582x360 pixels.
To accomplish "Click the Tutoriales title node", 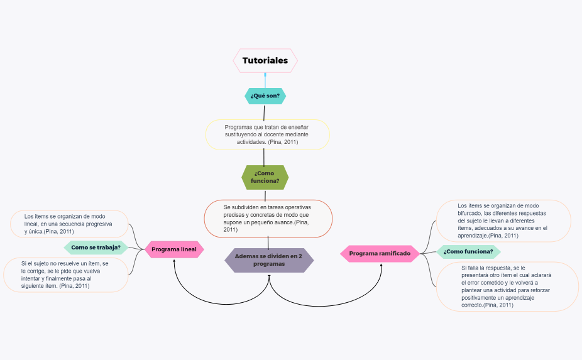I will click(265, 61).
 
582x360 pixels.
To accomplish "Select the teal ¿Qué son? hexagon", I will click(265, 95).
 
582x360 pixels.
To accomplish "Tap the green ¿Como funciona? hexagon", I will click(265, 177).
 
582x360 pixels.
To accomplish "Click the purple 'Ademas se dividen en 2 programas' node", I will click(269, 260).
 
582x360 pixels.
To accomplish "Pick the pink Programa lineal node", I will click(174, 249).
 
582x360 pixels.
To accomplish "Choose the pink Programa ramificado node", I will click(380, 253).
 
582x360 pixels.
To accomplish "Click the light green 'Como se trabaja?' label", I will click(96, 248).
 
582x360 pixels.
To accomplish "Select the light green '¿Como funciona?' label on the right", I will click(468, 252).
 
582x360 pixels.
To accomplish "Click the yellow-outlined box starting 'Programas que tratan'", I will click(268, 134).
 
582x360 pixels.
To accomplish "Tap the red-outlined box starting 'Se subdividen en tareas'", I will click(268, 218).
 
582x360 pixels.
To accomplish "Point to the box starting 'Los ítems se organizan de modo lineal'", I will click(69, 224).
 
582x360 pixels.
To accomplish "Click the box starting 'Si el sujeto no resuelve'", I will click(65, 275).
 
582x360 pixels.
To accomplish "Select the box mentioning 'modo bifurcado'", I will click(503, 221).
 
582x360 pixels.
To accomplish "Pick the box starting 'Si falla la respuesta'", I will click(507, 286).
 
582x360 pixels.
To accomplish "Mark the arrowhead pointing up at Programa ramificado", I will click(382, 265).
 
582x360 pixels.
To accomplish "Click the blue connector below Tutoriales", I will click(265, 80).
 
